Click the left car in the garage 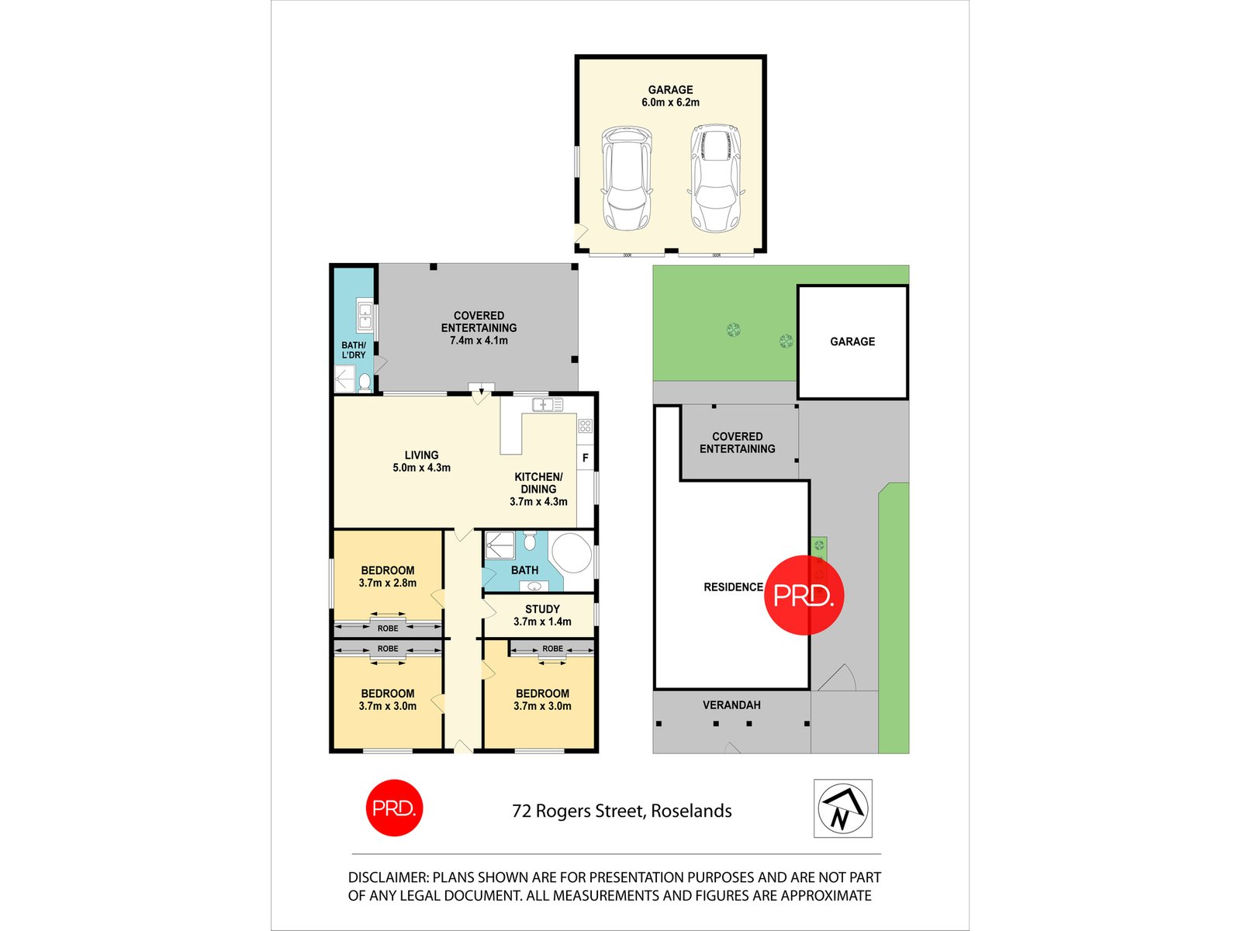tap(625, 180)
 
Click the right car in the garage tap(715, 180)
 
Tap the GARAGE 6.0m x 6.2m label tap(670, 96)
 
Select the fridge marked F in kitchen tap(586, 458)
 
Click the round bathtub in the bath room tap(572, 552)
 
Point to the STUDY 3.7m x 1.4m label tap(542, 615)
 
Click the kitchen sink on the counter tap(547, 404)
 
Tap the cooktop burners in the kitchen tap(585, 425)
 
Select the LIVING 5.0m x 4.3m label tap(421, 462)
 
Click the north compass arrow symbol tap(842, 808)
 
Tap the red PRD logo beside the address tap(394, 808)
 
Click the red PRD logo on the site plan tap(804, 595)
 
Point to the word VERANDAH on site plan tap(731, 705)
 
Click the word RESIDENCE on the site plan tap(733, 587)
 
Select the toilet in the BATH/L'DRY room tap(365, 382)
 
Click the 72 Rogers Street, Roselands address tap(621, 811)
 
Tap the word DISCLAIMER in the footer tap(387, 877)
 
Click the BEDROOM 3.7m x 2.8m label tap(387, 576)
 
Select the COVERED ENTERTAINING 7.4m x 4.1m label tap(479, 327)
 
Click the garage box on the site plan tap(852, 341)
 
